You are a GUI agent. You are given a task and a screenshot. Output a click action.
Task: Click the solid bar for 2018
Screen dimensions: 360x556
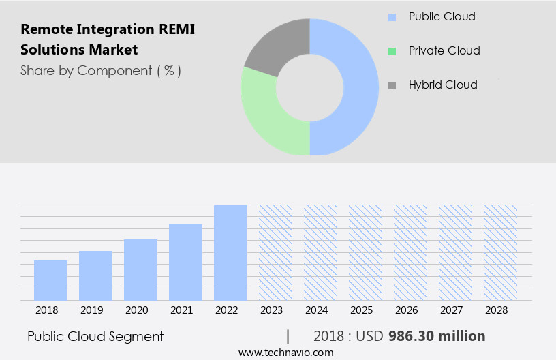point(50,280)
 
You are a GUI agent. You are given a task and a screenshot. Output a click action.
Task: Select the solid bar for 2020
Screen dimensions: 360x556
point(140,269)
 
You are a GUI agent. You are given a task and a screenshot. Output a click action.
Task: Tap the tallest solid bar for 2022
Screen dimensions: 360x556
point(230,252)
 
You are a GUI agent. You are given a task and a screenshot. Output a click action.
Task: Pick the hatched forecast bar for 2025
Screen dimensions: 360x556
point(365,252)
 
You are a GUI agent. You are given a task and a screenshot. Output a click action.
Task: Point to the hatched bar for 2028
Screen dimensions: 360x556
point(500,252)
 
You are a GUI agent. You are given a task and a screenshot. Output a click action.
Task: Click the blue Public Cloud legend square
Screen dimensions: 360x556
point(391,16)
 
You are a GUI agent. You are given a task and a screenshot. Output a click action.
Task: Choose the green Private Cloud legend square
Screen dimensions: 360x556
point(391,51)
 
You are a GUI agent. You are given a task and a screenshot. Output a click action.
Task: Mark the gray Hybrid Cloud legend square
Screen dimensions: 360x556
point(391,85)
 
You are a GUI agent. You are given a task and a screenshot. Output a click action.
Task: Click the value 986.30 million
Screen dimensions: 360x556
point(437,336)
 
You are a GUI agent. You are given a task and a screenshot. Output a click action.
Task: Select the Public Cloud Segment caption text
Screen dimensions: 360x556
point(95,336)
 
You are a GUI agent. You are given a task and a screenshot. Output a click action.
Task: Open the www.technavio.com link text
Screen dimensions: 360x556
point(285,352)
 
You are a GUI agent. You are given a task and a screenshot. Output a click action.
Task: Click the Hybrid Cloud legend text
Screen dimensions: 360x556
point(443,85)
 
